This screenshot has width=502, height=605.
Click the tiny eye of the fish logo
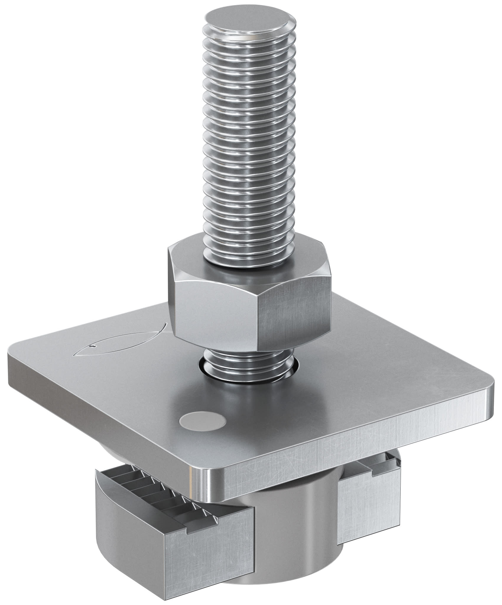pos(93,347)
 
